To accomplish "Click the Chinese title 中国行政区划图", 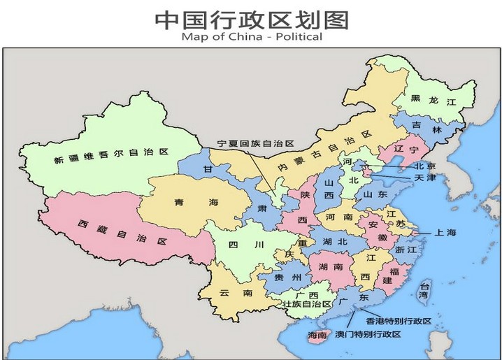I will click(x=251, y=19).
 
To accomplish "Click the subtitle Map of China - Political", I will click(x=251, y=37).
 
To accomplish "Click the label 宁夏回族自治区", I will click(x=256, y=142).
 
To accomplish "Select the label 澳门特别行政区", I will click(x=368, y=335).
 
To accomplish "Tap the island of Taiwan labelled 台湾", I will click(x=423, y=290).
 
